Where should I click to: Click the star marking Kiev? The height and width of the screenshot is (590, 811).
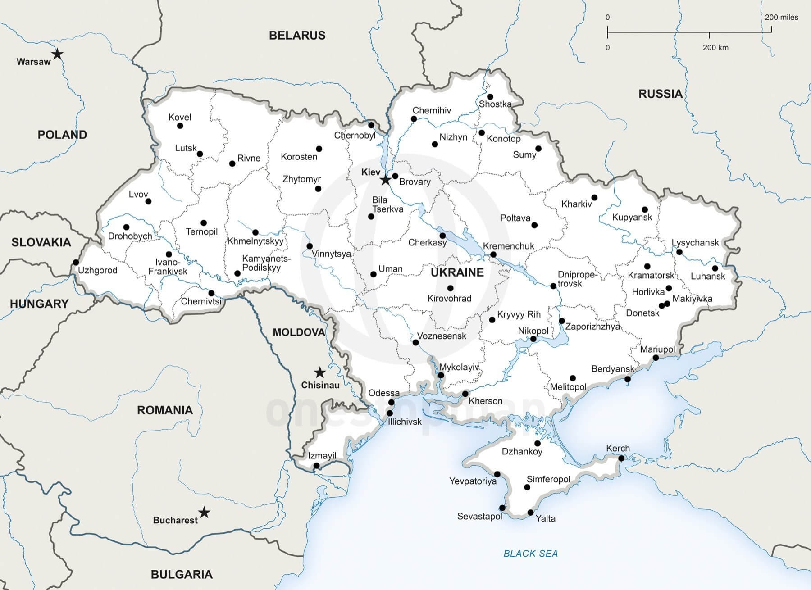pyautogui.click(x=385, y=180)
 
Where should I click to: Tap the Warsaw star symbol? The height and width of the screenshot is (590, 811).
pyautogui.click(x=57, y=54)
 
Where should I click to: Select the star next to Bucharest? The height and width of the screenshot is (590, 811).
pyautogui.click(x=205, y=512)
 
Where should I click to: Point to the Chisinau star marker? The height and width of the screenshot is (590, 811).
pyautogui.click(x=319, y=372)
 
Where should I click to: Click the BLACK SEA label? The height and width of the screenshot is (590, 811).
pyautogui.click(x=530, y=554)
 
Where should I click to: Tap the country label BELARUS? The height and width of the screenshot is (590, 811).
pyautogui.click(x=297, y=35)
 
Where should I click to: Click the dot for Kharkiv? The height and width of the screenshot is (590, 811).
pyautogui.click(x=594, y=197)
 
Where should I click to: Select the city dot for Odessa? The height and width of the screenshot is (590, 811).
pyautogui.click(x=392, y=402)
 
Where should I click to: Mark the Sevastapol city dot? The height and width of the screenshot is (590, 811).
pyautogui.click(x=502, y=508)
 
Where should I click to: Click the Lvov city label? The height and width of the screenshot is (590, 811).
pyautogui.click(x=138, y=194)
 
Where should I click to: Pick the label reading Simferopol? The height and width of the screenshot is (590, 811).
pyautogui.click(x=548, y=479)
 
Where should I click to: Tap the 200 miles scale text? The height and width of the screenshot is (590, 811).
pyautogui.click(x=781, y=18)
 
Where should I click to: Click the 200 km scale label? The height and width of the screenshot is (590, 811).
pyautogui.click(x=715, y=47)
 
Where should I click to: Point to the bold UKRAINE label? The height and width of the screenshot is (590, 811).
pyautogui.click(x=457, y=272)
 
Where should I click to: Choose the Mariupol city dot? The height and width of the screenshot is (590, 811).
pyautogui.click(x=656, y=358)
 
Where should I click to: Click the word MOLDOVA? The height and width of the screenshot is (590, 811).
pyautogui.click(x=298, y=332)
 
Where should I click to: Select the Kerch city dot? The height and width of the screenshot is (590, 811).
pyautogui.click(x=621, y=458)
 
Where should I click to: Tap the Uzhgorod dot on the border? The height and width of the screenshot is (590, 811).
pyautogui.click(x=76, y=263)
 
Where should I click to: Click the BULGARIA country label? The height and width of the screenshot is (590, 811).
pyautogui.click(x=182, y=574)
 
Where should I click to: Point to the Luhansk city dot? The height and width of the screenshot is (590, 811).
pyautogui.click(x=715, y=268)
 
